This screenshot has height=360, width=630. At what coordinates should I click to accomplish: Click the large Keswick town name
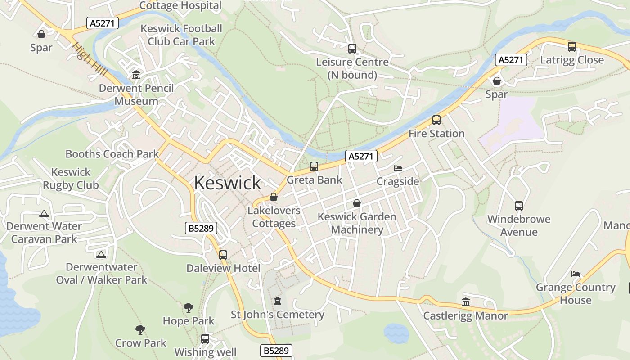[x=227, y=183]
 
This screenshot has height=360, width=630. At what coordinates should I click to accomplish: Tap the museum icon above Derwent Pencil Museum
[x=136, y=75]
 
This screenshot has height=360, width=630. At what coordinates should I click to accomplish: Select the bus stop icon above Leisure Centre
[x=352, y=49]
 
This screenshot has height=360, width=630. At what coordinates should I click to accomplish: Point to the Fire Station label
[x=436, y=134]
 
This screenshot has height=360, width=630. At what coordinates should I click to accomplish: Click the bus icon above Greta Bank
[x=314, y=166]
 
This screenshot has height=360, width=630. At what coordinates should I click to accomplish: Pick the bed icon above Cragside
[x=397, y=168]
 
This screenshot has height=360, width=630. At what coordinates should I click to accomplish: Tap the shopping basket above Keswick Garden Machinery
[x=357, y=203]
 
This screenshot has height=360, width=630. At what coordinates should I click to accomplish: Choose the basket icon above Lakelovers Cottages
[x=273, y=197]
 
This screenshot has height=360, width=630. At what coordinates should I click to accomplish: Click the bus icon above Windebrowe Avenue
[x=519, y=206]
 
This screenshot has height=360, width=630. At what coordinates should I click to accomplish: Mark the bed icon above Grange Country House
[x=575, y=274]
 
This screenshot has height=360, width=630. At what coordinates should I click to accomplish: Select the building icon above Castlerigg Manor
[x=466, y=302]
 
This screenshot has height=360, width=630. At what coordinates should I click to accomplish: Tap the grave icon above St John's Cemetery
[x=278, y=301]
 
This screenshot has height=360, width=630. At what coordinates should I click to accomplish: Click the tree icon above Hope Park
[x=189, y=308]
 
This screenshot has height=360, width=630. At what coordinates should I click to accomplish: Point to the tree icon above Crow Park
[x=140, y=330]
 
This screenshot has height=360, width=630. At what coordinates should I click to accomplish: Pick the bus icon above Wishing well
[x=205, y=338]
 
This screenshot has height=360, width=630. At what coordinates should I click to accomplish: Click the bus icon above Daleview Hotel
[x=223, y=255]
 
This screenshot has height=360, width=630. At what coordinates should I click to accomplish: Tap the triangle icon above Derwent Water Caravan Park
[x=44, y=213]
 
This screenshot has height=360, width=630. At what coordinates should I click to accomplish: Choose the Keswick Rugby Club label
[x=71, y=179]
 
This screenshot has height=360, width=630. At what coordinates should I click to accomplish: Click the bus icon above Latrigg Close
[x=571, y=46]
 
